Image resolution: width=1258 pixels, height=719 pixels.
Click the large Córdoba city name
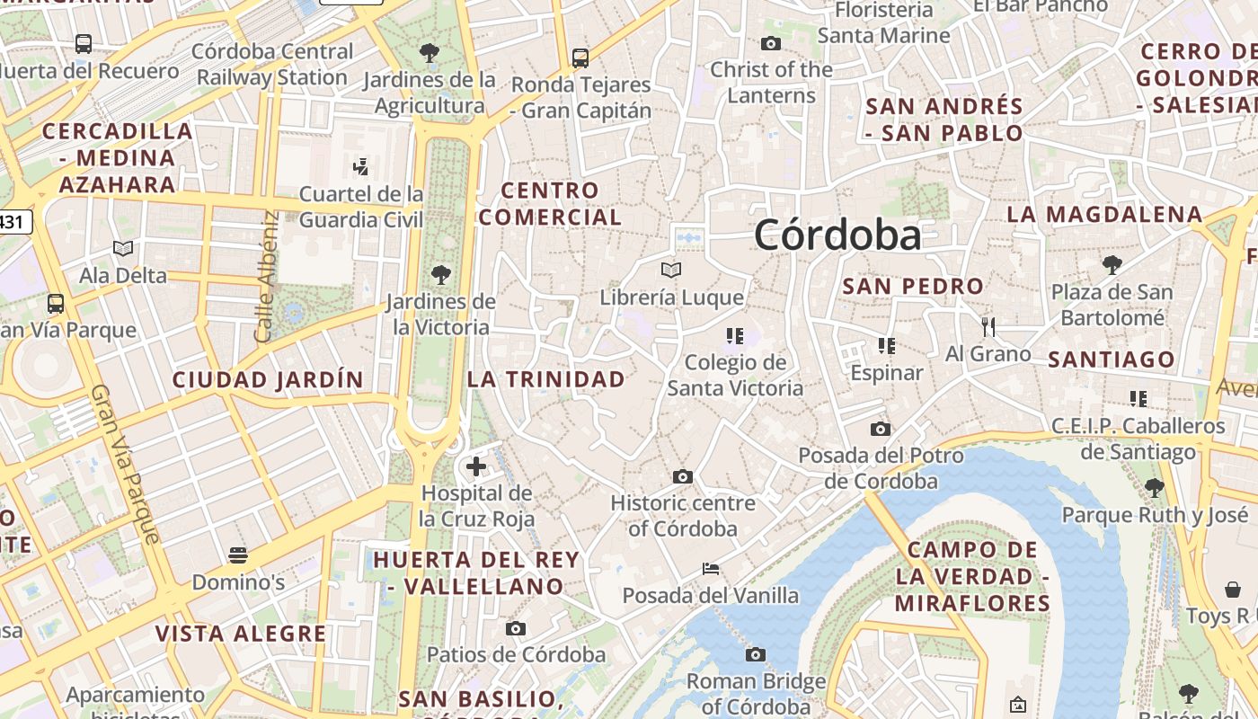(x=837, y=235)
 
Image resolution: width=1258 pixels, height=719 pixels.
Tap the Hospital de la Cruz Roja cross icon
(x=476, y=466)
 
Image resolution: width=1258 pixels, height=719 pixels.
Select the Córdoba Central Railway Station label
(x=272, y=65)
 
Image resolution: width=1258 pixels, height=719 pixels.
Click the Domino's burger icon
(x=238, y=555)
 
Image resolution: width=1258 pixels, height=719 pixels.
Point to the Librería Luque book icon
(x=671, y=270)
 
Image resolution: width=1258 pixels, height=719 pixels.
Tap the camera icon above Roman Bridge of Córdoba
(x=756, y=654)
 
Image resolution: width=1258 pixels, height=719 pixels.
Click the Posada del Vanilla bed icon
(x=710, y=569)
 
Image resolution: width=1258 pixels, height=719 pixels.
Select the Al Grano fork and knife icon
(x=988, y=326)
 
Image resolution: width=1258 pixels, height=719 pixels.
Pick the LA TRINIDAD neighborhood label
(x=545, y=379)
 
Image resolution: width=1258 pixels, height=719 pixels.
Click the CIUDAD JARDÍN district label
(x=268, y=380)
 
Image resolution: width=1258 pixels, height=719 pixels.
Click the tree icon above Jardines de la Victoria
(x=440, y=274)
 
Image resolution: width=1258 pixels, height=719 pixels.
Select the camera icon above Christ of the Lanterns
(x=771, y=43)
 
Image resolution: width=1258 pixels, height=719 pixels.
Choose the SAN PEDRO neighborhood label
(x=913, y=287)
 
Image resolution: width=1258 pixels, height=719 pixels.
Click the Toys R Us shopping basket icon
(x=1233, y=590)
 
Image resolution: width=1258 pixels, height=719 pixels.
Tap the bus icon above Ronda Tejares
(x=580, y=58)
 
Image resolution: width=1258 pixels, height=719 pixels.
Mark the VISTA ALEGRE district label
(x=241, y=634)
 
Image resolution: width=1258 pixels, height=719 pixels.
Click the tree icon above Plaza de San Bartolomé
(x=1112, y=264)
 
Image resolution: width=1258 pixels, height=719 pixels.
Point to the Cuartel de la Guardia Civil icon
(x=360, y=166)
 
